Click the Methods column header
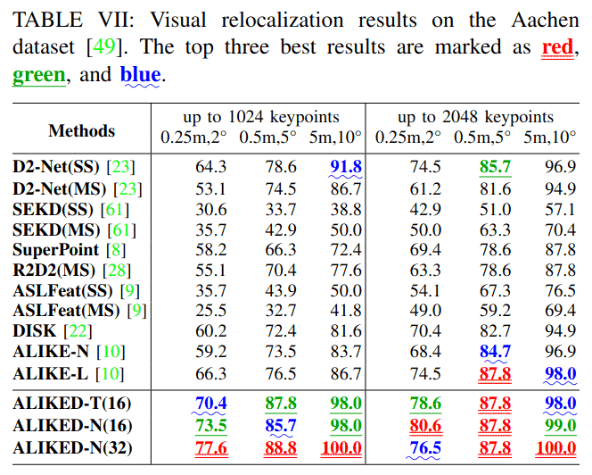coord(82,130)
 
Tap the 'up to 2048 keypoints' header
coord(475,117)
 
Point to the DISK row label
coord(36,331)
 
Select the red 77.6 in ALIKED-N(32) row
coord(210,447)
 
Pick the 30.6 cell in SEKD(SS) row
coord(210,208)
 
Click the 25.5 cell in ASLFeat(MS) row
coord(210,311)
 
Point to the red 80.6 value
coord(425,426)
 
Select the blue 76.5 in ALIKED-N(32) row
coord(425,447)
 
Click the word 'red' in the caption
coord(560,46)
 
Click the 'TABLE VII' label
coord(62,17)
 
